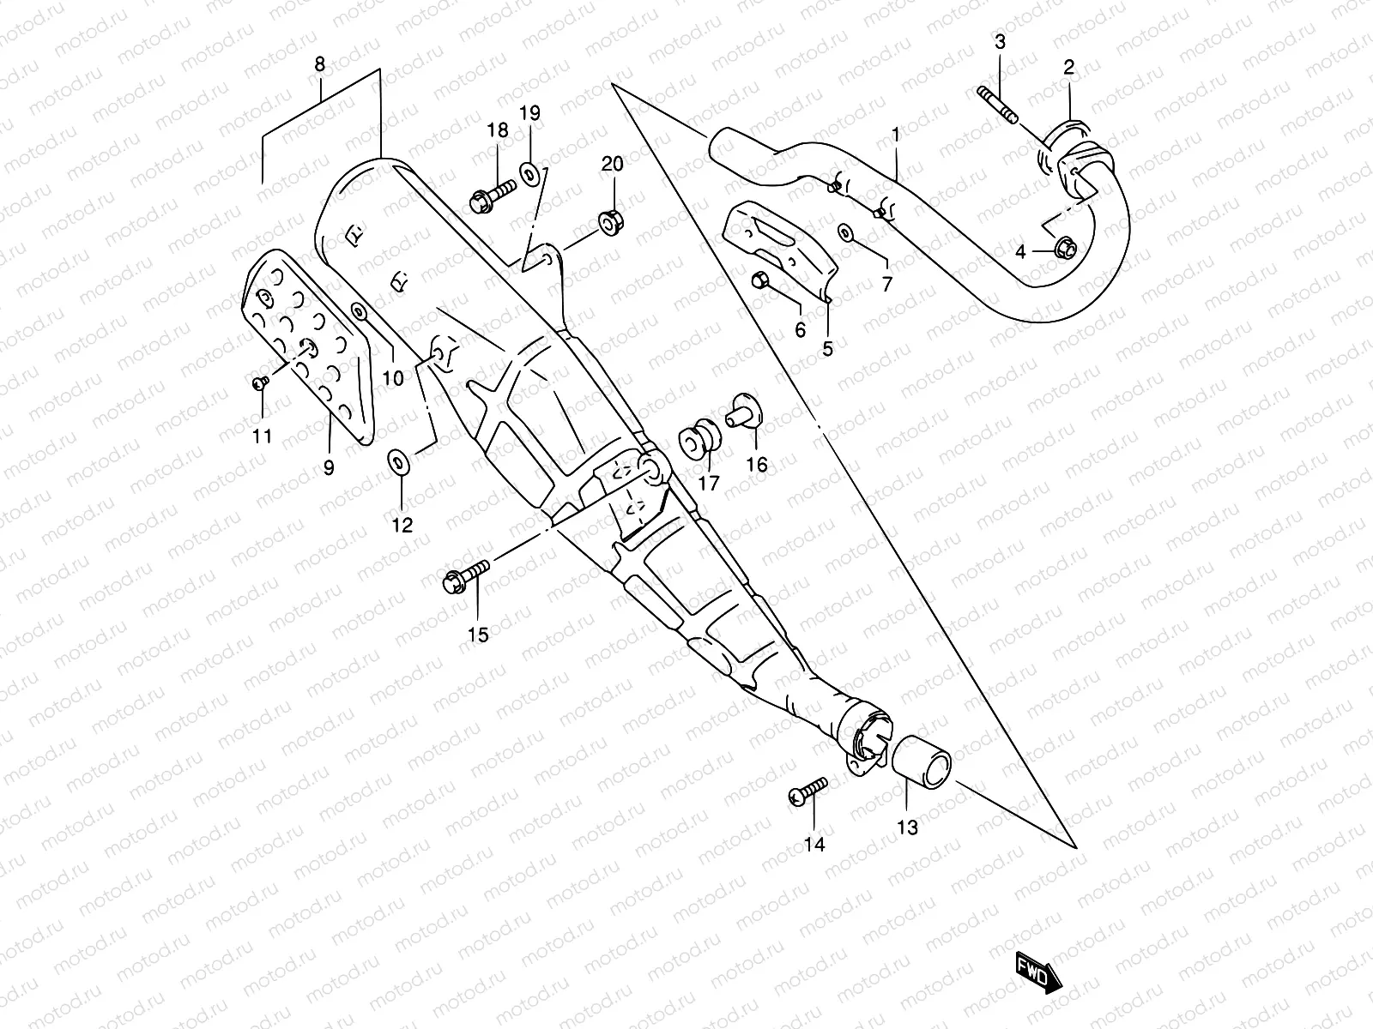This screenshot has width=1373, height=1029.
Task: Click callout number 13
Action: pos(907,827)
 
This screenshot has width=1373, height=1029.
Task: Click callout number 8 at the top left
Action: pos(320,64)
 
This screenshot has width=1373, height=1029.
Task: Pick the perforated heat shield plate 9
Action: pos(309,343)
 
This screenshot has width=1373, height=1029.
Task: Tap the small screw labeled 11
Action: pos(258,384)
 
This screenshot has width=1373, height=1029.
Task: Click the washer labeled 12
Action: pos(398,461)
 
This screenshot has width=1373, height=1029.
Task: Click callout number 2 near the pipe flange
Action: pos(1069,68)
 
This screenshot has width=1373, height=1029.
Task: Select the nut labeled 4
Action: pos(1062,248)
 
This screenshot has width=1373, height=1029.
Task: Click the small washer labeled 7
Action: pos(845,232)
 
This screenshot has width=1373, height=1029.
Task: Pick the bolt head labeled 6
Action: pos(759,280)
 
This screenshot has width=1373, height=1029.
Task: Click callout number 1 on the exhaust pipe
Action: pos(895,135)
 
